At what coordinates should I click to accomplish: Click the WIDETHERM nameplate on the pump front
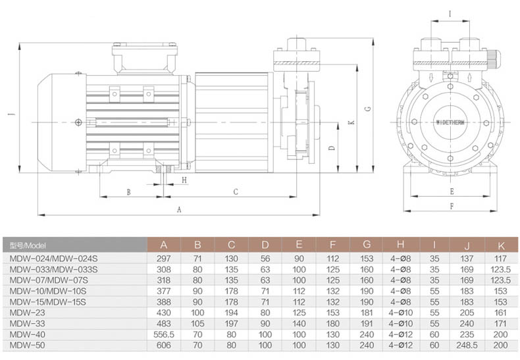(x=450, y=122)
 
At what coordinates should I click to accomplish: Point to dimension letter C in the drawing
(x=236, y=192)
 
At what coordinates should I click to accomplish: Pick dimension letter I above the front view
(x=450, y=13)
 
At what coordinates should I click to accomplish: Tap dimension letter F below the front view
(x=451, y=207)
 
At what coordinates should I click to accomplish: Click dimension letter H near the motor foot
(x=184, y=179)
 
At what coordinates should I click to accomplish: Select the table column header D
(x=265, y=245)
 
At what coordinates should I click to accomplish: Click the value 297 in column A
(x=163, y=258)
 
